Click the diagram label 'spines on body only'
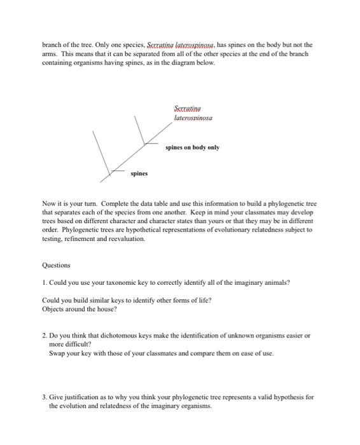(192, 147)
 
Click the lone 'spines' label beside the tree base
(139, 173)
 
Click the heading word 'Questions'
(56, 266)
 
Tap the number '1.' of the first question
(45, 284)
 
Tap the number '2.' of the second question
(45, 334)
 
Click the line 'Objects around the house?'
(80, 309)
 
